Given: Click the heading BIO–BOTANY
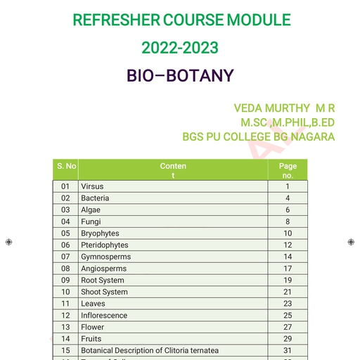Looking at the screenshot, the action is click(x=180, y=76).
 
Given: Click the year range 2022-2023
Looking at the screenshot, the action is click(x=180, y=48).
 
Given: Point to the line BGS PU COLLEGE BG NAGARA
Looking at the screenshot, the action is click(x=258, y=136).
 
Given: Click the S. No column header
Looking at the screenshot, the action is click(x=66, y=166).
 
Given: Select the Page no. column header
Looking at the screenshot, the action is click(x=288, y=170).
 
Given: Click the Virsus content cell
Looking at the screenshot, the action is click(x=93, y=186).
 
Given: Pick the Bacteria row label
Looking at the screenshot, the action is click(x=95, y=198).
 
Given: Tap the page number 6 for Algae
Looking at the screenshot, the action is click(x=288, y=210).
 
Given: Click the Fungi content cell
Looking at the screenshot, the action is click(x=91, y=221).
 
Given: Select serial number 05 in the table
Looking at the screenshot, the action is click(x=66, y=233).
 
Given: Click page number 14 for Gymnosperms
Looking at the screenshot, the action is click(x=288, y=257).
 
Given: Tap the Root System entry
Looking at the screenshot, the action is click(x=103, y=281).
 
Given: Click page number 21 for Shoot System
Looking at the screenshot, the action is click(x=288, y=292).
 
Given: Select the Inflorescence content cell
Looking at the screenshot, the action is click(x=104, y=316).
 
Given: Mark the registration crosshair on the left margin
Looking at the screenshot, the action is click(x=8, y=242).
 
